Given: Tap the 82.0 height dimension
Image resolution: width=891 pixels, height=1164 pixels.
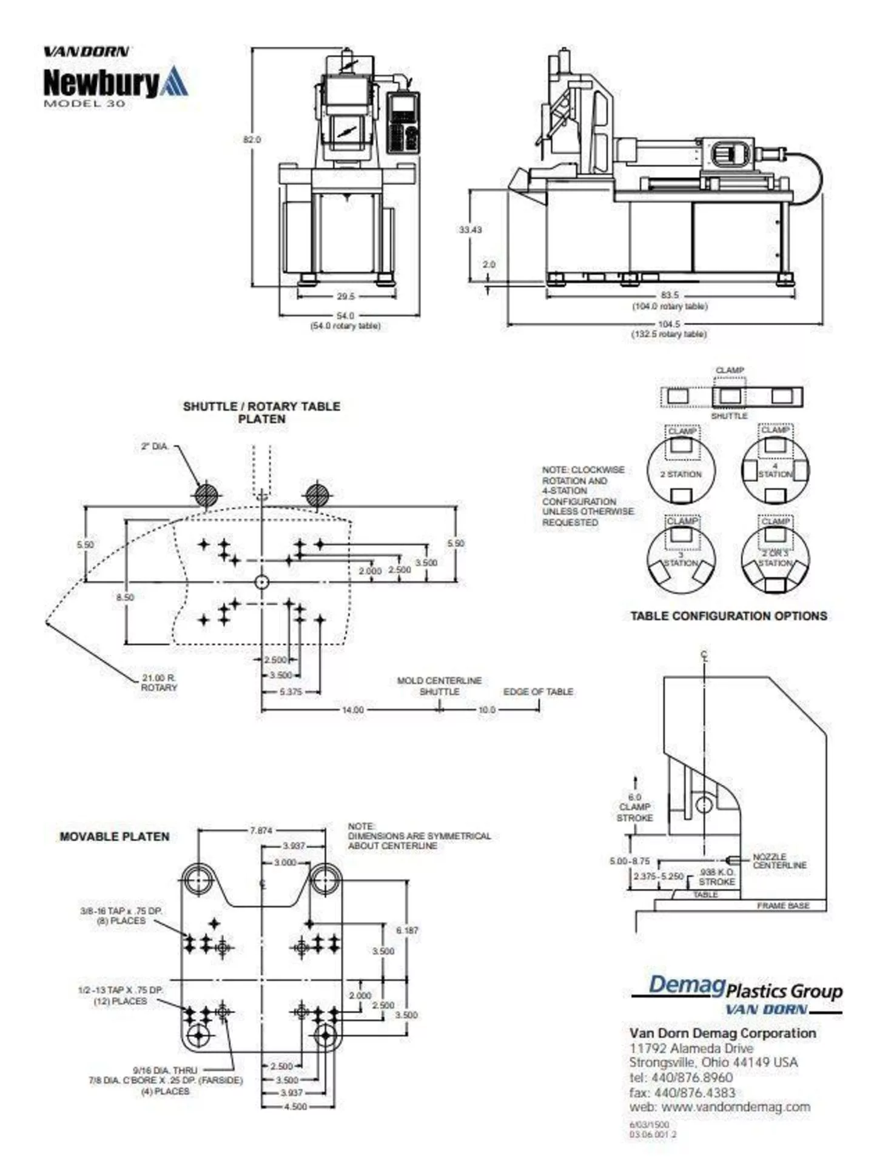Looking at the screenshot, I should tap(252, 139).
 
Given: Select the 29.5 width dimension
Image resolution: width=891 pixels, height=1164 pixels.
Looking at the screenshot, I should tap(346, 296).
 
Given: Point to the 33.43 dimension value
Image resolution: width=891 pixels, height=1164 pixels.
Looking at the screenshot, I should tap(470, 230).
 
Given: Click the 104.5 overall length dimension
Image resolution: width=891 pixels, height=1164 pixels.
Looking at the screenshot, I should tap(669, 324).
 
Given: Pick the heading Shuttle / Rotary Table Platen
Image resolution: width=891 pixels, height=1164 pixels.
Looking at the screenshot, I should tap(261, 412).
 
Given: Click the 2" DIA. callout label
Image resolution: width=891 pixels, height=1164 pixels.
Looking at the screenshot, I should tap(154, 446).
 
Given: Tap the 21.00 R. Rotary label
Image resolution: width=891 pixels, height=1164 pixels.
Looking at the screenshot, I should tap(159, 683).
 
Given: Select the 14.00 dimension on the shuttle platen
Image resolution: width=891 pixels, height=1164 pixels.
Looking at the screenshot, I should tap(353, 709).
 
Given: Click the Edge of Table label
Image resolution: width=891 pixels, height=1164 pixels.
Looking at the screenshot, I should tap(538, 692).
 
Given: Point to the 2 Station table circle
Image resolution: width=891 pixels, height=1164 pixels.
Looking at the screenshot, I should tap(681, 470).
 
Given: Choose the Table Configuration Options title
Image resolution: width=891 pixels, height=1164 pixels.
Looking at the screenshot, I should tap(728, 616).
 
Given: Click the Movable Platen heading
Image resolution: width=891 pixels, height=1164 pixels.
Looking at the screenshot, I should tap(114, 837).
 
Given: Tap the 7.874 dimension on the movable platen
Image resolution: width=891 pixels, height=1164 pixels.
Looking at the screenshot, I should tap(261, 831).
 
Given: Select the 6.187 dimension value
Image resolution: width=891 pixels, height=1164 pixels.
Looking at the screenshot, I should tap(407, 930).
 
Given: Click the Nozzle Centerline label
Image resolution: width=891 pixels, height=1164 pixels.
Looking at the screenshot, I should tap(779, 861).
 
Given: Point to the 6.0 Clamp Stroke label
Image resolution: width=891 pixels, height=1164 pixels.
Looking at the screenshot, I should tap(634, 808).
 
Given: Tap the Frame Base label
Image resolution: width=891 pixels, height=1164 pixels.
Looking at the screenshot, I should tap(782, 906).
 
